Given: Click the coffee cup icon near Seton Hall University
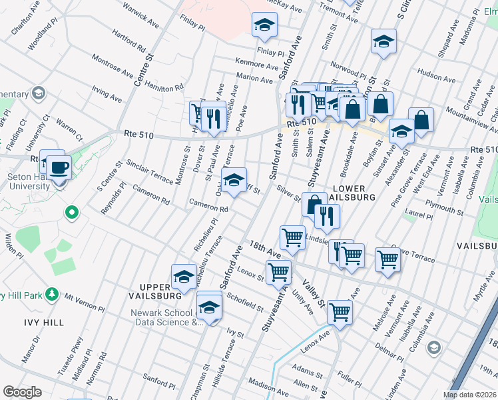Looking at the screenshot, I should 59,167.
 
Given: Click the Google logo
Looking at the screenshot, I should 22,391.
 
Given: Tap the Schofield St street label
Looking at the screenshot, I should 244,302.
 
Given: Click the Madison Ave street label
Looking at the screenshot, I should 266,385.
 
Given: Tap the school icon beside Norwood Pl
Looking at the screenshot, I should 383,41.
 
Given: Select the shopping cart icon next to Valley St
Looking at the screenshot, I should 340,311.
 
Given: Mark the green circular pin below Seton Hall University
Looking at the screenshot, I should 71,213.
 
